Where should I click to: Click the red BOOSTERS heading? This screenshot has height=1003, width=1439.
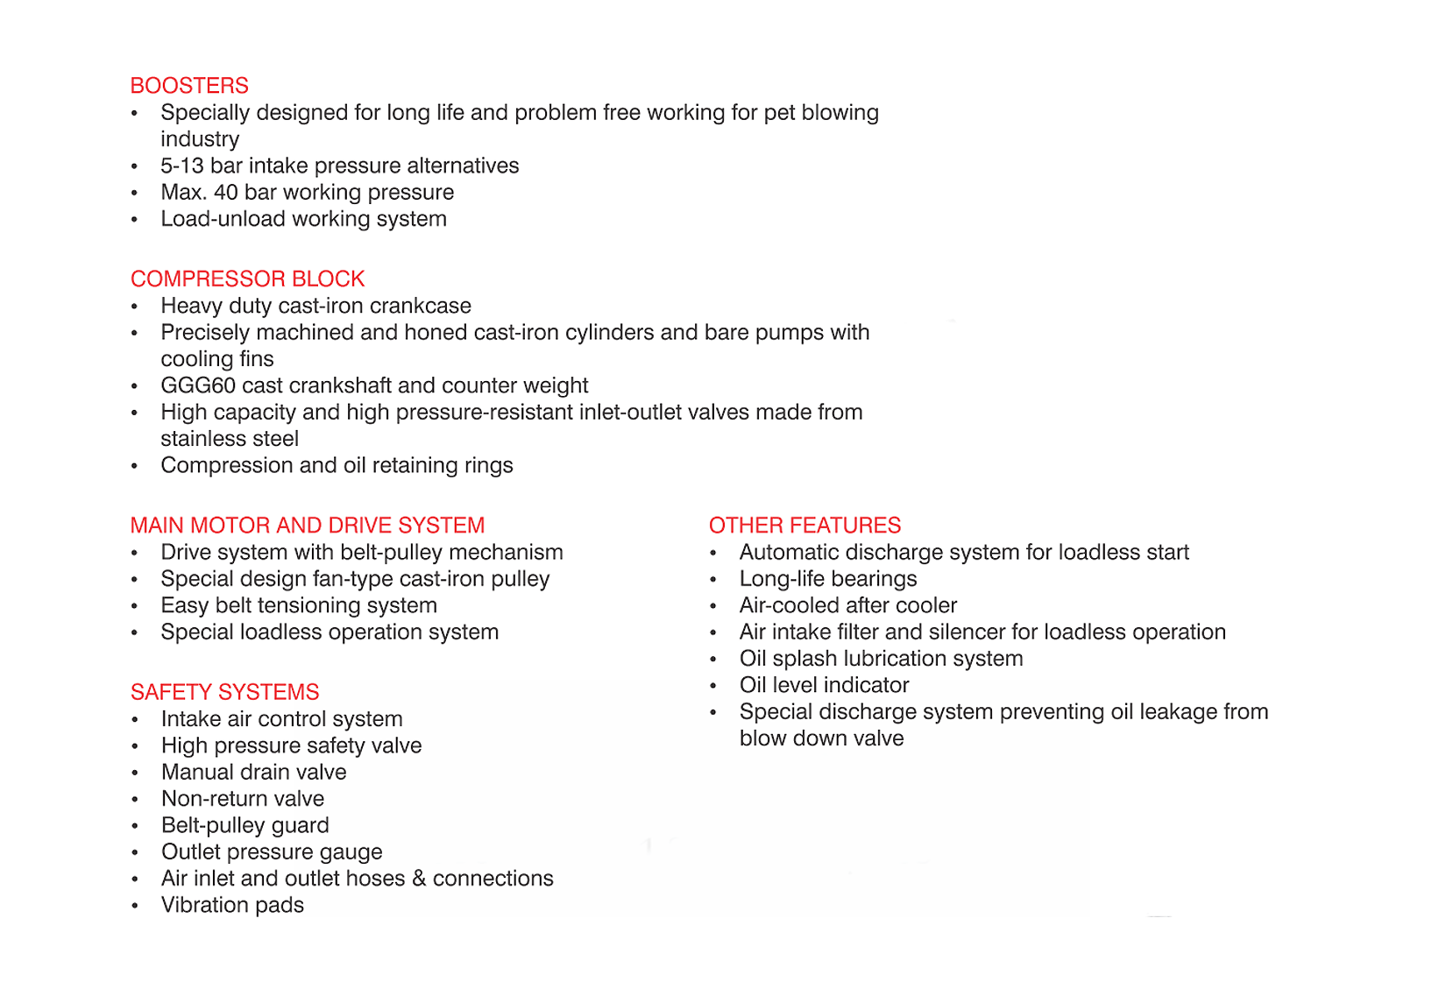[189, 86]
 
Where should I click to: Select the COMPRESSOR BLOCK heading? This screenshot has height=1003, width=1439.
[247, 279]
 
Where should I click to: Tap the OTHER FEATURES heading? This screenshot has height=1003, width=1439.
[805, 526]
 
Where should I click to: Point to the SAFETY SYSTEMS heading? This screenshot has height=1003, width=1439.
[224, 693]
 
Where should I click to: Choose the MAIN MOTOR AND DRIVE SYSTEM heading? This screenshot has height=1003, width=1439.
[307, 526]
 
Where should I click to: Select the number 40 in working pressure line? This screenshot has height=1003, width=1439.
[226, 193]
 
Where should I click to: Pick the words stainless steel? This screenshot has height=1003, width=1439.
[230, 439]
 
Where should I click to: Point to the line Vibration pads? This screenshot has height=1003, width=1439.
[232, 906]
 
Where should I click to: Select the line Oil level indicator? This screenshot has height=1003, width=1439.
[824, 686]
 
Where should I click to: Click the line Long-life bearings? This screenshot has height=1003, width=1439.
[828, 579]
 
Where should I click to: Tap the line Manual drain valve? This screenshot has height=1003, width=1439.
[253, 773]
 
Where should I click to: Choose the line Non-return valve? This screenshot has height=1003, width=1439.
[243, 799]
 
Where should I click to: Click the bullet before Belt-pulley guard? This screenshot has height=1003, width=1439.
[135, 827]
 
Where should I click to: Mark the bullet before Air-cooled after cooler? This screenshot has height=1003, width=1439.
[713, 607]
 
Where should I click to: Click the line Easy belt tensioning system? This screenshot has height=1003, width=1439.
[299, 606]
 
